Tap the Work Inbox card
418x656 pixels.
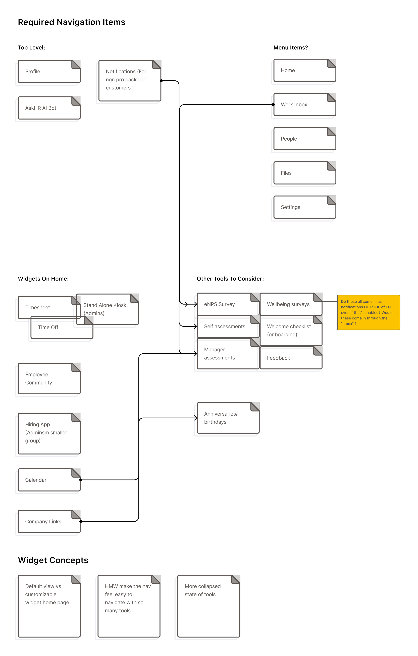coord(294,105)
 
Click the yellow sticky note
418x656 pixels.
coord(368,312)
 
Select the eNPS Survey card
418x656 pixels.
coord(219,304)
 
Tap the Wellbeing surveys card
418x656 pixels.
coord(288,304)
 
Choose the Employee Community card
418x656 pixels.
coord(39,379)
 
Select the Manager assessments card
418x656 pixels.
coord(219,354)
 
